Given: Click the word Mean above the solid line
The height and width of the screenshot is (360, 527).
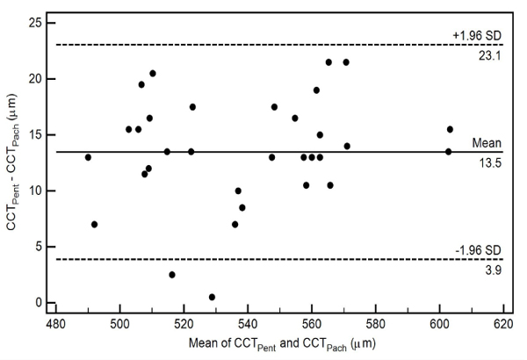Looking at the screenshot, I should [486, 141].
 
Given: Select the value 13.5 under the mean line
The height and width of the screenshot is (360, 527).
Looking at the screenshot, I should [486, 162].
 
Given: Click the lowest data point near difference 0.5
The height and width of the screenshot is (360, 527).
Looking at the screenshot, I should [212, 297].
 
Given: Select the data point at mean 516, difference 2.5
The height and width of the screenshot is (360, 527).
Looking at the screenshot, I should [172, 275].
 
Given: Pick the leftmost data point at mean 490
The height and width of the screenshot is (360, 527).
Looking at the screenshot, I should [88, 157].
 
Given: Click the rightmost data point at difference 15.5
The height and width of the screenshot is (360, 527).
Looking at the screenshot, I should [450, 129].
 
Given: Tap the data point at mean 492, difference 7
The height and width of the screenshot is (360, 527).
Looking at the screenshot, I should [94, 224].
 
